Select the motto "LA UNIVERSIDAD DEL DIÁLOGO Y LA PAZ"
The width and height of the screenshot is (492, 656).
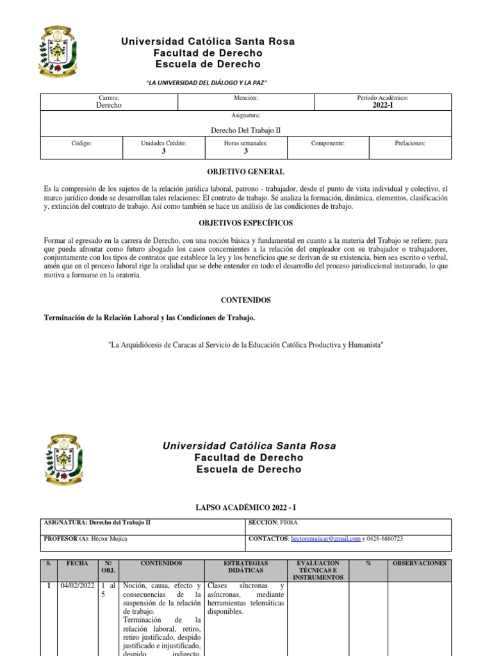pos(208,84)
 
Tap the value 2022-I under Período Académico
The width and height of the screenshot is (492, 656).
pos(382,105)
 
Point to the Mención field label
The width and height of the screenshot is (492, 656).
pos(246,98)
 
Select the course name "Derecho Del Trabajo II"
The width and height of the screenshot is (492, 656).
pos(246,130)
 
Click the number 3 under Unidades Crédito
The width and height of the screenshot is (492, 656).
pos(163,152)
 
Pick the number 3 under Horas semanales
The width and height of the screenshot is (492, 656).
pos(246,152)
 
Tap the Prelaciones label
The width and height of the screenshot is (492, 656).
pos(410,144)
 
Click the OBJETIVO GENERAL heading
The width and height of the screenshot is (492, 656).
pos(246,172)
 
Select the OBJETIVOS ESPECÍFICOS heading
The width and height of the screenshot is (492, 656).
pos(246,223)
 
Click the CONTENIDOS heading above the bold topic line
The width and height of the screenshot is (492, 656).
pos(246,300)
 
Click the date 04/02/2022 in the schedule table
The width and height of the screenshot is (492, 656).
pos(78,586)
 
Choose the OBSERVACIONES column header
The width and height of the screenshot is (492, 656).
pos(419,563)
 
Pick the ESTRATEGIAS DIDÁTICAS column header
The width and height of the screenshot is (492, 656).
pos(246,566)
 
